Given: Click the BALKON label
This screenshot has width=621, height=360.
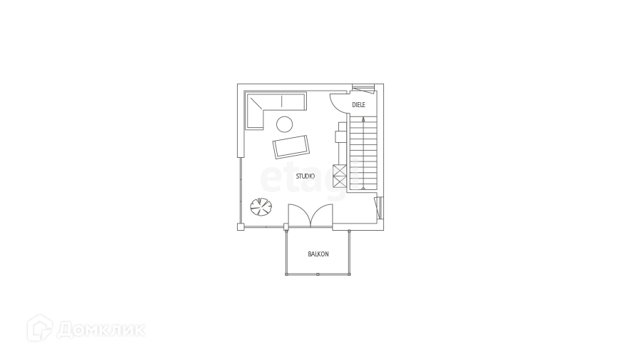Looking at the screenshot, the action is point(318,254).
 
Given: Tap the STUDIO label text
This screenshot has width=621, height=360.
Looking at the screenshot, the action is point(306,176).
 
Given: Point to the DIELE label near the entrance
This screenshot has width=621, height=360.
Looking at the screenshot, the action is point(358,104).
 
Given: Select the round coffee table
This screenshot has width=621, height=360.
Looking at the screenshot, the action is point(283,124).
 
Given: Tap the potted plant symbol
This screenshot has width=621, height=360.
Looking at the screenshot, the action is point(260,207).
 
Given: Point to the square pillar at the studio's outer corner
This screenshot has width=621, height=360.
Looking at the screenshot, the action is point(241,227).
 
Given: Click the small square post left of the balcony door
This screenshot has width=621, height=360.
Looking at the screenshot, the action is point(286,227).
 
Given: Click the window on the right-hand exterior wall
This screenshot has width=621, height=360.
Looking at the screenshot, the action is point(379,207).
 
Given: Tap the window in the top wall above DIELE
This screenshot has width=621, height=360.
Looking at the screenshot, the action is point(363,88).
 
